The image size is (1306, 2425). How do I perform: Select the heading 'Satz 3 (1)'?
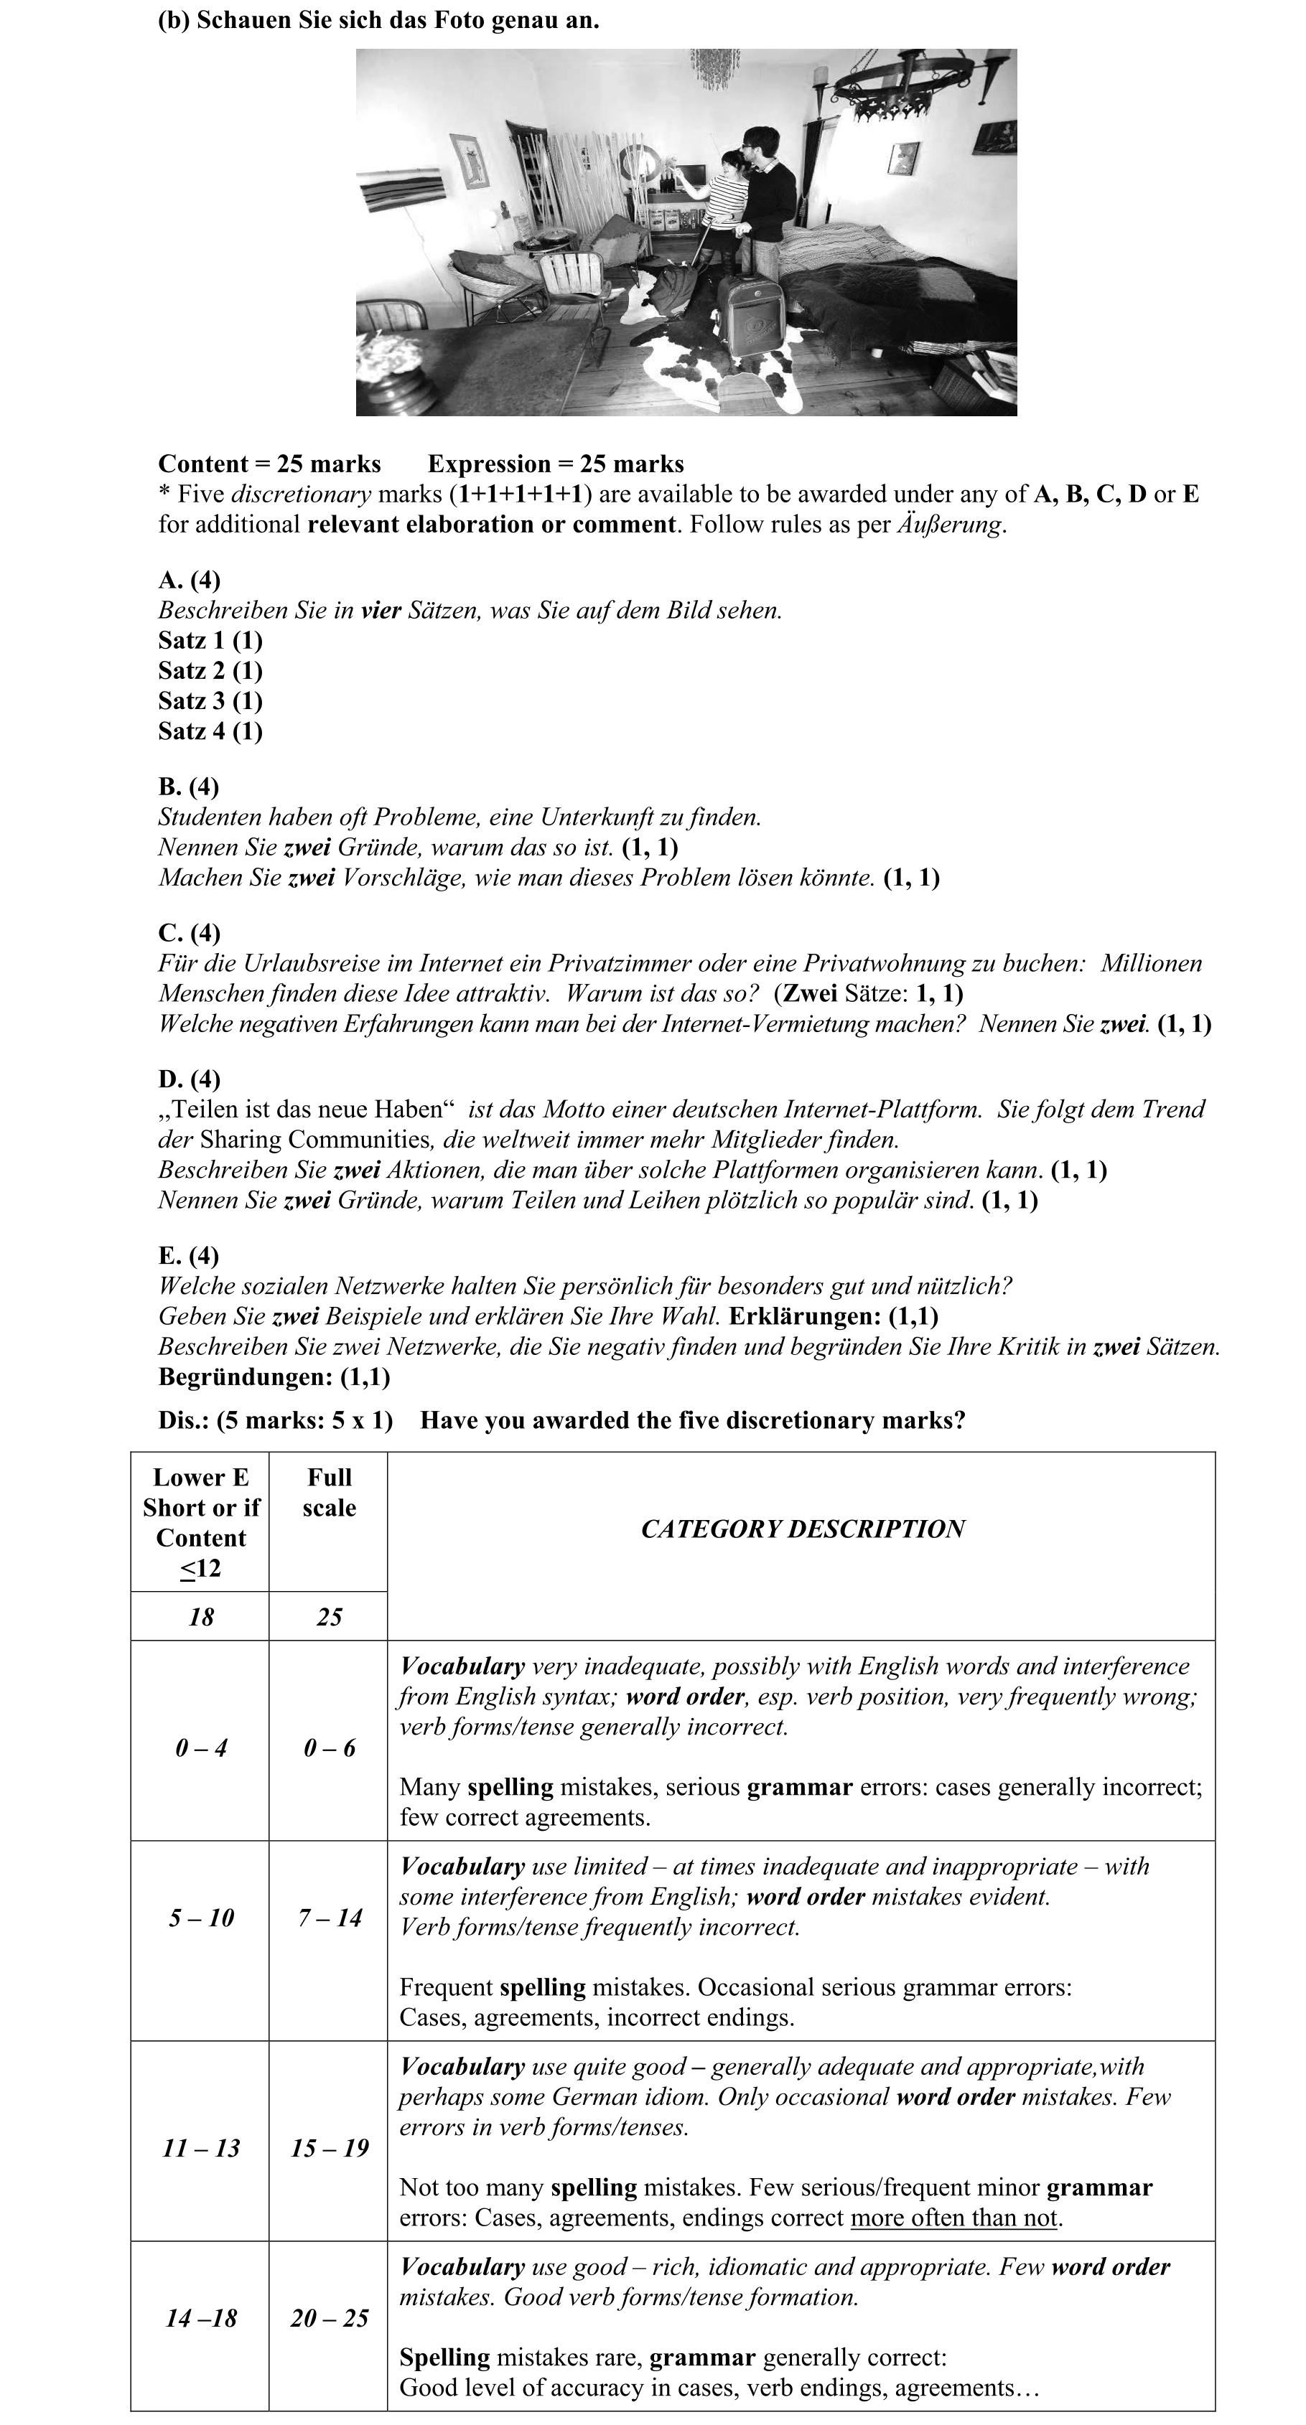coord(210,700)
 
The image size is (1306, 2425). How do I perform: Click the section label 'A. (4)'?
coord(190,580)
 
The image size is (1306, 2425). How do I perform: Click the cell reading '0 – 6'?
coord(329,1748)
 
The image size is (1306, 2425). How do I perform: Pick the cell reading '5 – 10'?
coord(200,1918)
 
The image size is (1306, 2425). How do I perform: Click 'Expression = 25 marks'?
coord(556,464)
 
